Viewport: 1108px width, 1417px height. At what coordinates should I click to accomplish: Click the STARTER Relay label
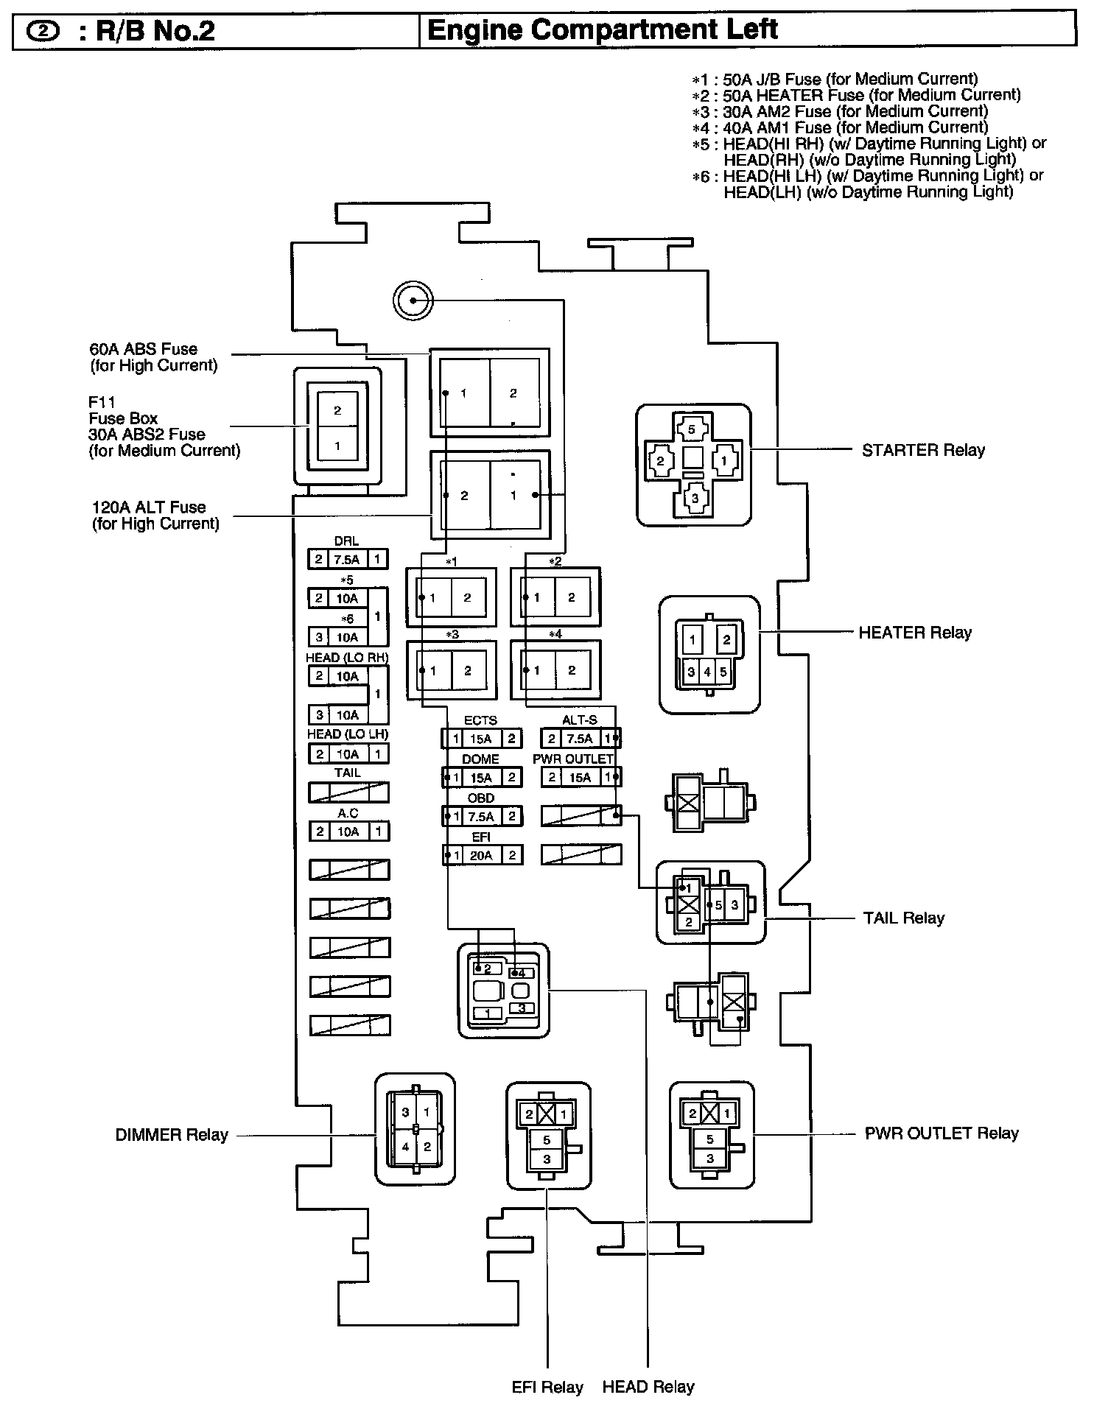pos(922,450)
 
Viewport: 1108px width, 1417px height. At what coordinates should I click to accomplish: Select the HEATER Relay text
pos(914,633)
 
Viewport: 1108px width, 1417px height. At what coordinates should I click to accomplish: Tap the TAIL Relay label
pos(903,918)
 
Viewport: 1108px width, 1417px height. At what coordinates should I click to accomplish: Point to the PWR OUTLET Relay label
pos(941,1133)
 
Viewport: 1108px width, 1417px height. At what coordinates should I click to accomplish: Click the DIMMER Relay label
pos(172,1135)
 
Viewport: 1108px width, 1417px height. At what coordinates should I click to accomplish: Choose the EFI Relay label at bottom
pos(547,1388)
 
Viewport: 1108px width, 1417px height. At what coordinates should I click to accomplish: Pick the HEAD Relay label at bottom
pos(648,1388)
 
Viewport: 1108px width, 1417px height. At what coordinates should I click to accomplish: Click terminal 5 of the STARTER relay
pos(691,429)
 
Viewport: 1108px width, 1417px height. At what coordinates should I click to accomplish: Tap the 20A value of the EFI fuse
pos(481,855)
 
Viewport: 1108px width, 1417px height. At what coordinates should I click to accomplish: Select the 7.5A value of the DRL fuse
pos(346,560)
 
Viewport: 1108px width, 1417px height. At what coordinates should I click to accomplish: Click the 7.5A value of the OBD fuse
pos(481,816)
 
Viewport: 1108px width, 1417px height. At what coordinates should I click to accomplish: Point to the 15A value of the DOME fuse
pos(481,777)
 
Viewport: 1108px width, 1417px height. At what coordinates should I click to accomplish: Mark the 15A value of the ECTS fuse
pos(481,739)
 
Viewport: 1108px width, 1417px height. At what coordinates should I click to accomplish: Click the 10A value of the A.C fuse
pos(347,831)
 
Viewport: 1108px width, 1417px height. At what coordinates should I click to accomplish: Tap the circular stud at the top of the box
pos(413,300)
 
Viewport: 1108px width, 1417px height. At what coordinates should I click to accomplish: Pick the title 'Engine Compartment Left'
pos(602,30)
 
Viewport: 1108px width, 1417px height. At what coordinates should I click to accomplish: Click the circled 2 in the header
pos(43,32)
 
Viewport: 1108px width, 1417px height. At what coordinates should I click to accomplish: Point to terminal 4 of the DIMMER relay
pos(405,1147)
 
